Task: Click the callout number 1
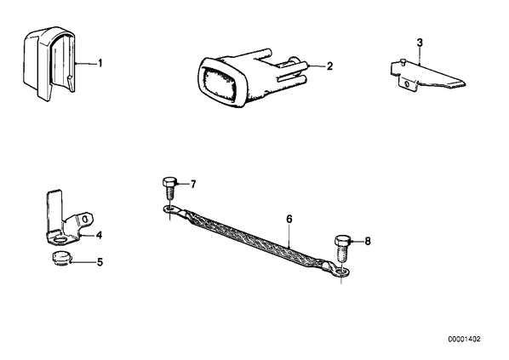click(x=100, y=63)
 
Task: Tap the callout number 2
click(x=329, y=66)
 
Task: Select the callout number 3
click(x=420, y=43)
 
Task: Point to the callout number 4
click(x=99, y=235)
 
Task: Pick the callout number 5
click(x=100, y=261)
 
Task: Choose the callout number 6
click(x=289, y=219)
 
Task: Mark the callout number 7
click(x=193, y=185)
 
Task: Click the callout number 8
click(x=368, y=241)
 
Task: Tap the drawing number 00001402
click(x=464, y=340)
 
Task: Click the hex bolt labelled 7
click(x=169, y=189)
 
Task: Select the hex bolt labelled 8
click(x=342, y=249)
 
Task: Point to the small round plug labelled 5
click(x=60, y=258)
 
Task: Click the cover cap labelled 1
click(x=49, y=63)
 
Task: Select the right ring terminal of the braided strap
click(x=340, y=271)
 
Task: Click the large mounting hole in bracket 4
click(x=60, y=240)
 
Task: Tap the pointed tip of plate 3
click(x=465, y=84)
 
